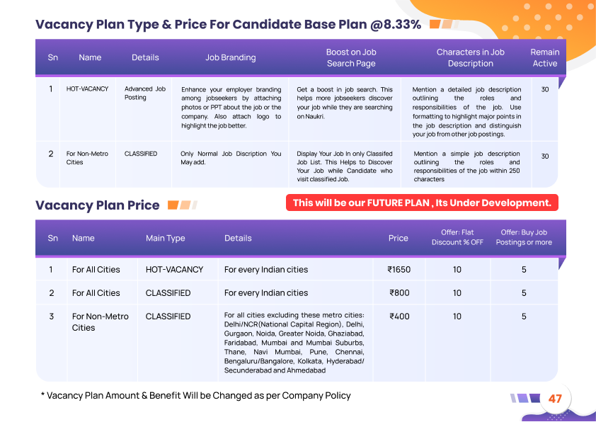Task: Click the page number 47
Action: (x=555, y=399)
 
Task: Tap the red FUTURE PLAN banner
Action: (x=422, y=203)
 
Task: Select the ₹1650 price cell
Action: (x=399, y=270)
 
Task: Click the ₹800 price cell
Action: (x=399, y=293)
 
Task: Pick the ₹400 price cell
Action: (x=399, y=316)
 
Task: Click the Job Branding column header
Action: (x=231, y=58)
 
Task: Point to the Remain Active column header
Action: (x=544, y=58)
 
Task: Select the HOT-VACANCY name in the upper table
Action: (x=88, y=89)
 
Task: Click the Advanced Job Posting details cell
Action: (x=145, y=93)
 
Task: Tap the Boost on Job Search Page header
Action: (x=351, y=58)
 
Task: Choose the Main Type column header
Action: (x=166, y=239)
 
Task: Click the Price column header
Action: (x=399, y=239)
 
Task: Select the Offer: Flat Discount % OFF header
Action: (x=457, y=238)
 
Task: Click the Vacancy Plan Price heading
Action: (x=98, y=205)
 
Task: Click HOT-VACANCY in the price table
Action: (x=174, y=270)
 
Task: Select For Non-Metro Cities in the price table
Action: (x=101, y=322)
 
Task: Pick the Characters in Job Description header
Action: (x=470, y=58)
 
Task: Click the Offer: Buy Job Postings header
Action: (x=524, y=238)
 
